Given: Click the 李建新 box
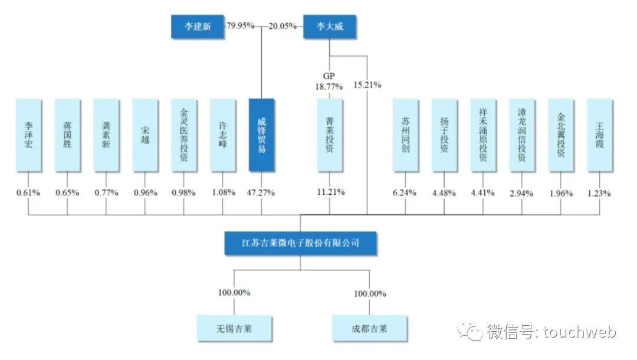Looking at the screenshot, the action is pyautogui.click(x=198, y=27).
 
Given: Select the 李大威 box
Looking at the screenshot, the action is pyautogui.click(x=330, y=27).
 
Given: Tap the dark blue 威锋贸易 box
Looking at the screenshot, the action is pyautogui.click(x=262, y=135).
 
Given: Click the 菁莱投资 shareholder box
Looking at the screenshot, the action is pyautogui.click(x=330, y=135).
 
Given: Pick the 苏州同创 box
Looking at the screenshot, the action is pyautogui.click(x=405, y=135).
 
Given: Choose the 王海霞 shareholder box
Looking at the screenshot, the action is pyautogui.click(x=600, y=135).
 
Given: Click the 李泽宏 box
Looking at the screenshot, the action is pyautogui.click(x=28, y=135).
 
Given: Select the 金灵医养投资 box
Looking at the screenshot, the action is pyautogui.click(x=183, y=135).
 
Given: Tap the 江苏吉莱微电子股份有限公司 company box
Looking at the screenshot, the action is pyautogui.click(x=301, y=243).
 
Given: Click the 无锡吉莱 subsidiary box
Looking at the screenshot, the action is pyautogui.click(x=234, y=328).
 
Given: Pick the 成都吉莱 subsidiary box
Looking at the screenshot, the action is pyautogui.click(x=369, y=328).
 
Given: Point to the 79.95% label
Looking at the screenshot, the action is pyautogui.click(x=241, y=26).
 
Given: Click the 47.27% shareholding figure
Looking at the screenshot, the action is pyautogui.click(x=261, y=192).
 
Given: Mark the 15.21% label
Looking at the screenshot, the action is pyautogui.click(x=367, y=85).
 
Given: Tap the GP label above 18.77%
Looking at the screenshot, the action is pyautogui.click(x=329, y=76).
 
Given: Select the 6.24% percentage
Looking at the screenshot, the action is pyautogui.click(x=405, y=192).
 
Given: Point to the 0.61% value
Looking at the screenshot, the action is pyautogui.click(x=28, y=192).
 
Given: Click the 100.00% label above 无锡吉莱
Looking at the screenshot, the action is pyautogui.click(x=234, y=293).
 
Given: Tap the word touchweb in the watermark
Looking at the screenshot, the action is pyautogui.click(x=579, y=332).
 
